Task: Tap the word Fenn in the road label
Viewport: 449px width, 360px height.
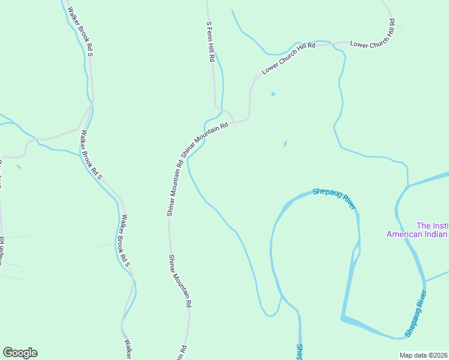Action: point(210,40)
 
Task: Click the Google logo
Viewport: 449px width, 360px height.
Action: point(20,353)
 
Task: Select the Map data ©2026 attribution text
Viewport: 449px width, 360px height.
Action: point(424,355)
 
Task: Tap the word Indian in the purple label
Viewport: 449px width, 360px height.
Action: point(439,234)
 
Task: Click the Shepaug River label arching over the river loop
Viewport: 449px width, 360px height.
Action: point(334,199)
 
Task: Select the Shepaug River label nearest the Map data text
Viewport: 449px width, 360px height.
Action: point(415,314)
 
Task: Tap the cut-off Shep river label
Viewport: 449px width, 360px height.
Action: point(298,352)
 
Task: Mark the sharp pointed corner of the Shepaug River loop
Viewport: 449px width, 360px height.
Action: point(342,319)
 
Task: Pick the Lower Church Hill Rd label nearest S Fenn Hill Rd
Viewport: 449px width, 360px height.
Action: point(288,59)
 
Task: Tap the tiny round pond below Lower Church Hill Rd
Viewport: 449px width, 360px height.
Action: point(273,94)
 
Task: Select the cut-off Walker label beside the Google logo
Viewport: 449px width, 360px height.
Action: point(128,350)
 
